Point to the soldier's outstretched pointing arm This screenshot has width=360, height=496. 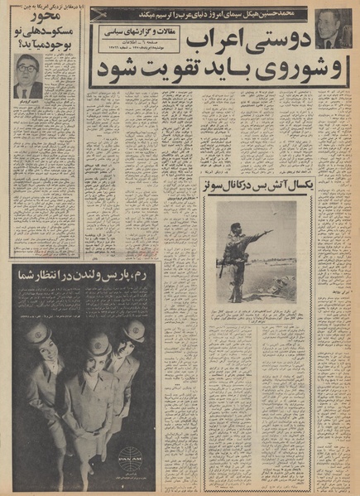tap(258, 235)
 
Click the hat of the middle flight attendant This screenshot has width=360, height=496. tap(94, 339)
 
